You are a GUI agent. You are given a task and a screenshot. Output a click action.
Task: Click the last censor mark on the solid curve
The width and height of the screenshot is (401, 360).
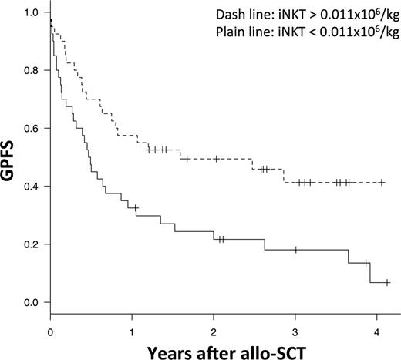(x=387, y=283)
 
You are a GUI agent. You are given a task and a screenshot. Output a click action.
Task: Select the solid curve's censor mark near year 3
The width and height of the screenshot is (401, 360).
(x=295, y=250)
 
